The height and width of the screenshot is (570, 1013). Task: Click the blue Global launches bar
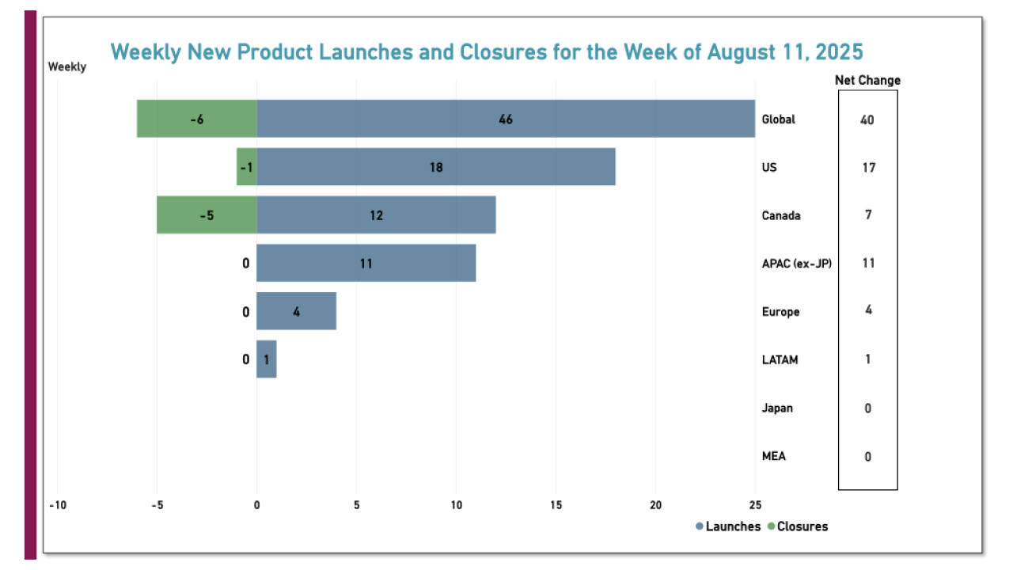coord(506,119)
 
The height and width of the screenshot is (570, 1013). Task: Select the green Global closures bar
coord(197,119)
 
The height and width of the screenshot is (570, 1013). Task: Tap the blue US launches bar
coord(436,167)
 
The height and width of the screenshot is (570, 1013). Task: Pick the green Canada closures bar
coord(207,215)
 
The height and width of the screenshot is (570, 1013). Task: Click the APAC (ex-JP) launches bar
coord(366,263)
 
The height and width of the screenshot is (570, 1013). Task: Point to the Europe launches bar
coord(296,311)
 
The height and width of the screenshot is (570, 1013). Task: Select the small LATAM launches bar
coord(267,359)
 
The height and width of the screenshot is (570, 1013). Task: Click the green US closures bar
coord(247,167)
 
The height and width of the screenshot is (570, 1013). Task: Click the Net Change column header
coord(867,80)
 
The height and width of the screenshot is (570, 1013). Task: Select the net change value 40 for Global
coord(868,120)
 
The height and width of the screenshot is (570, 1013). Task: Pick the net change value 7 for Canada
coord(868,215)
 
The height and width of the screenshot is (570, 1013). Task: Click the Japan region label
coord(777,408)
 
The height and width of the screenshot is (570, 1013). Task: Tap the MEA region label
coord(774,456)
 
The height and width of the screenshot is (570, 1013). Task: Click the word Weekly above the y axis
coord(67,67)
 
